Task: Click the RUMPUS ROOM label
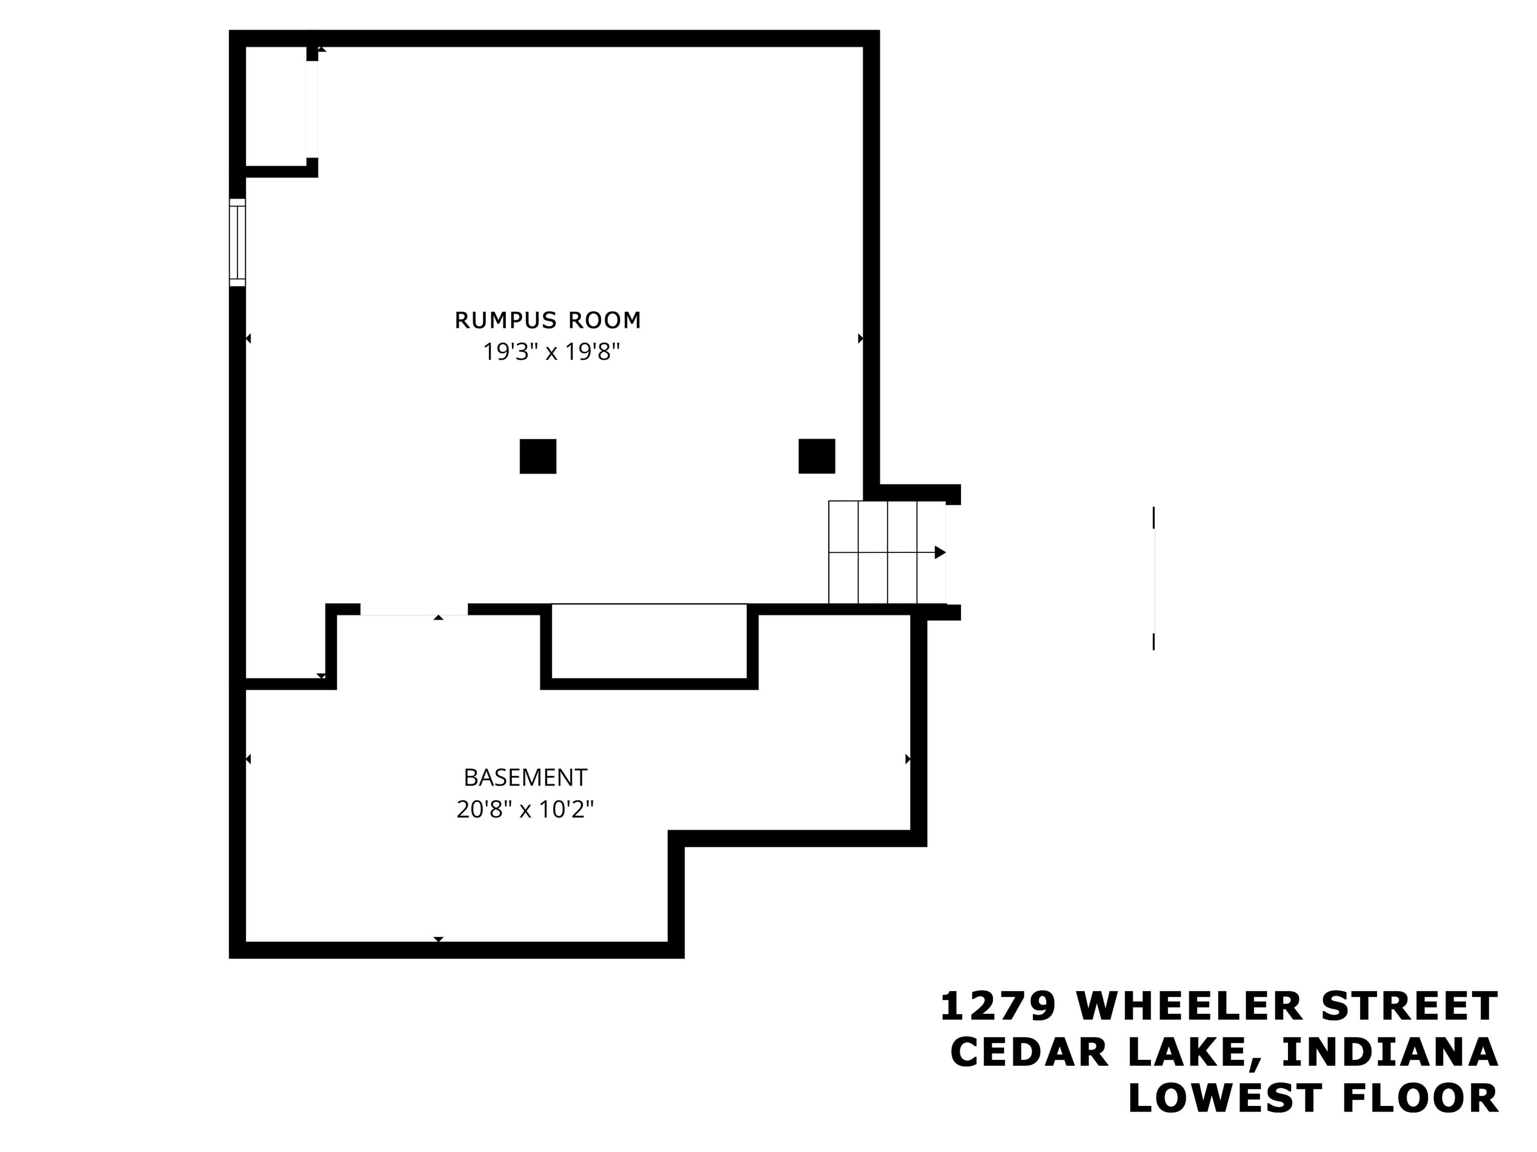point(548,320)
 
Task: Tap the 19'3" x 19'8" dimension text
point(551,352)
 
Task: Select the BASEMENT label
point(525,778)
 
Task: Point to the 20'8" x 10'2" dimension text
point(525,809)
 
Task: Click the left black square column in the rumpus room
point(538,456)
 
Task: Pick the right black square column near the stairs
point(817,456)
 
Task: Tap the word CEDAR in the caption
point(1029,1052)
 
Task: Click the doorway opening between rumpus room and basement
point(413,610)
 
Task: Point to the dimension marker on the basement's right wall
point(907,759)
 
